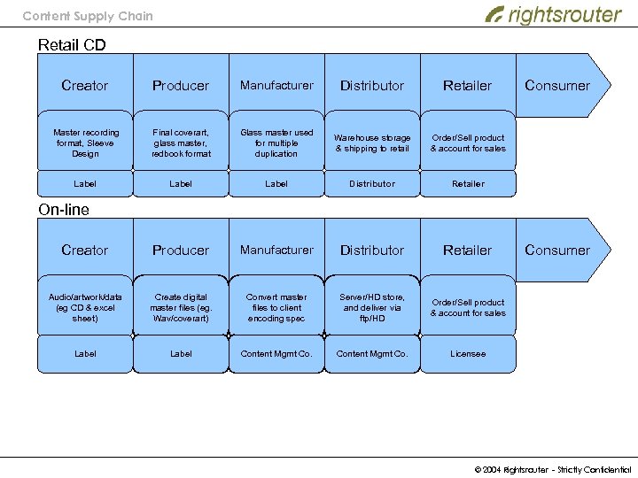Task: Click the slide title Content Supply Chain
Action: point(87,16)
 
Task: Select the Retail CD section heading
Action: point(72,44)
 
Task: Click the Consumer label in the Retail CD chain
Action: point(556,86)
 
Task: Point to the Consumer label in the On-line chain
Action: point(556,251)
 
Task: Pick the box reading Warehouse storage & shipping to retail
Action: point(372,143)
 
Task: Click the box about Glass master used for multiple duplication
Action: point(276,143)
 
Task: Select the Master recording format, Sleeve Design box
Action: point(85,143)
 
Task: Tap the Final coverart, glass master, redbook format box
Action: point(181,143)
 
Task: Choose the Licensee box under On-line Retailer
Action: point(468,354)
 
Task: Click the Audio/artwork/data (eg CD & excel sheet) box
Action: point(85,307)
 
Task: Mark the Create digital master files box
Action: point(181,307)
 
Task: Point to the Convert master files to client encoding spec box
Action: point(276,307)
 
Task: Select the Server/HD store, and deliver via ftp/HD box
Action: point(372,307)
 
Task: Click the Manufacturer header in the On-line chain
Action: point(276,251)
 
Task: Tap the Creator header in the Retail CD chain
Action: point(85,86)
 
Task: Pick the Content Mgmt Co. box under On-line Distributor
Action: point(372,354)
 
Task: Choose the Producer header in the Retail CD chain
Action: point(181,86)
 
